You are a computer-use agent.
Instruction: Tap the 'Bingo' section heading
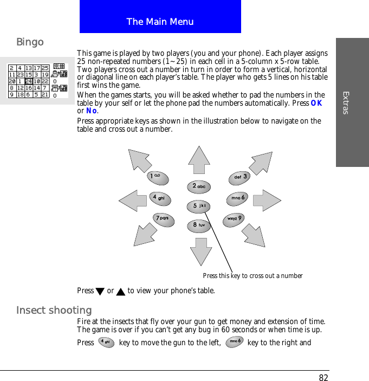[x=30, y=42]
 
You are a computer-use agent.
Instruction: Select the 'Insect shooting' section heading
[x=54, y=310]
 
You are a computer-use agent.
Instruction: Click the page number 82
[x=323, y=378]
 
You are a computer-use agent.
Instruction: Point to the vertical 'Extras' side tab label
[x=346, y=102]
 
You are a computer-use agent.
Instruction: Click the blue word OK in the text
[x=317, y=103]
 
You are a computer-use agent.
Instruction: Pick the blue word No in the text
[x=91, y=111]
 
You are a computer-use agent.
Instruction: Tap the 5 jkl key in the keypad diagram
[x=199, y=206]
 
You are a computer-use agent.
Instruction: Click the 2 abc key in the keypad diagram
[x=199, y=187]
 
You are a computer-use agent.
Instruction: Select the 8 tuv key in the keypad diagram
[x=198, y=225]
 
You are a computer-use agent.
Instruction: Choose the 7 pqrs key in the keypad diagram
[x=163, y=219]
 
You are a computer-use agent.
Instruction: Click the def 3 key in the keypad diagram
[x=240, y=177]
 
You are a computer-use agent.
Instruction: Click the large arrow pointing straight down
[x=200, y=251]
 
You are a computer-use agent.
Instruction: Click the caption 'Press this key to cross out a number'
[x=253, y=276]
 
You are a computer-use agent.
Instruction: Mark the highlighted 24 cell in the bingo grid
[x=29, y=81]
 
